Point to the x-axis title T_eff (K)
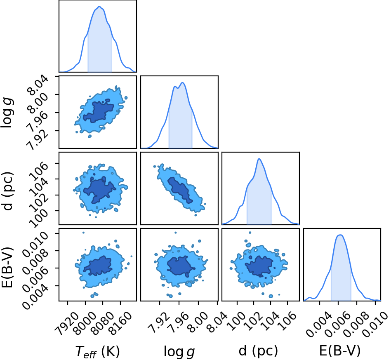[97, 352]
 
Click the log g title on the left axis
[7, 113]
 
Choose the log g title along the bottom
[179, 352]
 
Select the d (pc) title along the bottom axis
[258, 351]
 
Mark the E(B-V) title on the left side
[7, 268]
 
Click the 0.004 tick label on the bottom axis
[319, 324]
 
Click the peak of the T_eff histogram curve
[99, 7]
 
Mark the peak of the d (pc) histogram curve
[259, 159]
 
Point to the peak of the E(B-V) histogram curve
[340, 235]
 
